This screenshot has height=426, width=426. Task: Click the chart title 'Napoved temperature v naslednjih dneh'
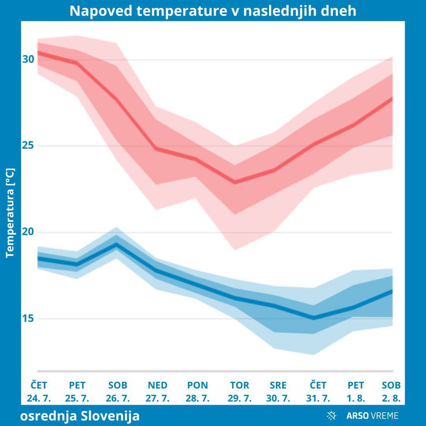pos(213,11)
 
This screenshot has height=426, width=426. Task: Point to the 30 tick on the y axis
pos(28,60)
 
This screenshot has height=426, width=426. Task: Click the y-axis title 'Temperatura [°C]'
pos(10,213)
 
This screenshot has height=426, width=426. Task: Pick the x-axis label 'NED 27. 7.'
pos(157,392)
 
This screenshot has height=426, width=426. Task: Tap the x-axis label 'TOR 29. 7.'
pos(239,392)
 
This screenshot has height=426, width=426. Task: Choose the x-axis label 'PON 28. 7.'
pos(198,392)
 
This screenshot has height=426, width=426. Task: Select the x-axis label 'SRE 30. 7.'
pos(278,392)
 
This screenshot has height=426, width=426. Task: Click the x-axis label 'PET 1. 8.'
pos(356,392)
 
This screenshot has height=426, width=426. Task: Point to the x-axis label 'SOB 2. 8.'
pos(391,392)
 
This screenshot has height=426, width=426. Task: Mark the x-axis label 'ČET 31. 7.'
pos(318,392)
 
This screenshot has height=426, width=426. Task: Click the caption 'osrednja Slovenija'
pos(80,416)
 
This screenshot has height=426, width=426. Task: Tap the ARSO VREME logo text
pos(372,415)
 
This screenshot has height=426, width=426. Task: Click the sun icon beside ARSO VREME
pos(331,415)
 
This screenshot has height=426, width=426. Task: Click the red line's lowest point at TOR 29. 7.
pos(235,182)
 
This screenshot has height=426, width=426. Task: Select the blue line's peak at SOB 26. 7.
pos(117,245)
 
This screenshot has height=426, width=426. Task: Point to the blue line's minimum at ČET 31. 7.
pos(314,318)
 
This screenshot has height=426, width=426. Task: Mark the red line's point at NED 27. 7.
pos(156,149)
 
